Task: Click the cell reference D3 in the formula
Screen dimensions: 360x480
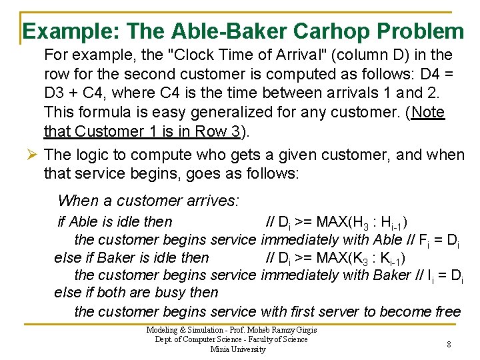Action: [57, 93]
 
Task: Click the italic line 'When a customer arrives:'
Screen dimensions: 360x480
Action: [149, 200]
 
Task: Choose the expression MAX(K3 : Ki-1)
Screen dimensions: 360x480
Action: [360, 258]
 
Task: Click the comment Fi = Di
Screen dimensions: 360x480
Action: [441, 240]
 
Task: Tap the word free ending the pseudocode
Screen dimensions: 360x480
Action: [443, 311]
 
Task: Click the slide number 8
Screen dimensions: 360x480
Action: [449, 345]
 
